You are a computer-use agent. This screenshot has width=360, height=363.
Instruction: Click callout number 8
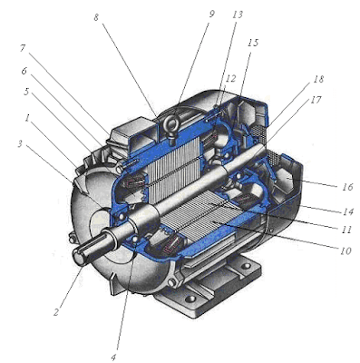pos(96,18)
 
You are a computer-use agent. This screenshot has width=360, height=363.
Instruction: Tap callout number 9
pos(211,14)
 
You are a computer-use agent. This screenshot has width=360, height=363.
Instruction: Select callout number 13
pos(238,15)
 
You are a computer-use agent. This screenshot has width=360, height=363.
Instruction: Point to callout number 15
pos(253,43)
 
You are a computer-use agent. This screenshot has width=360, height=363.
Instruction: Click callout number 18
pos(318,79)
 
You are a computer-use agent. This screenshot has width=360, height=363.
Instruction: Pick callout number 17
pos(316,100)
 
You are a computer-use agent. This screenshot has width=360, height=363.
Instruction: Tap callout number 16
pos(348,187)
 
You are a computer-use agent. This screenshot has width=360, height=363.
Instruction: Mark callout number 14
pos(348,211)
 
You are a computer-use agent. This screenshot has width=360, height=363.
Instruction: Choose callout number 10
pos(345,250)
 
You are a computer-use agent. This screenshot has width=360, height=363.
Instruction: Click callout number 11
pos(347,230)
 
